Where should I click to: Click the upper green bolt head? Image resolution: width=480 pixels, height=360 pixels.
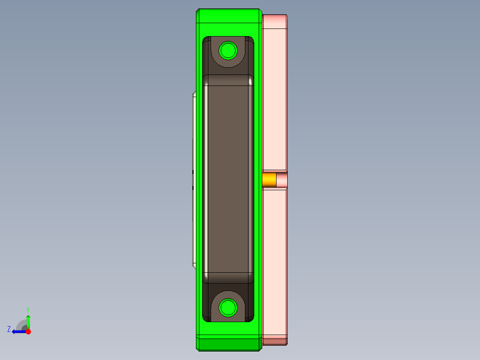[228, 50]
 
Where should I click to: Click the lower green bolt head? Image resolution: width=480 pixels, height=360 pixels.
[228, 308]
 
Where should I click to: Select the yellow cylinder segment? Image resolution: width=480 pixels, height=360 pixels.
[269, 180]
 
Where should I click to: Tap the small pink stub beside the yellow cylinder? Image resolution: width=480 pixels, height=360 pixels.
[281, 180]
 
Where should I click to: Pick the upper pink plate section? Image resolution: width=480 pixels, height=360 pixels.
[274, 98]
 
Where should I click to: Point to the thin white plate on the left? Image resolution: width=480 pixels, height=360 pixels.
[194, 178]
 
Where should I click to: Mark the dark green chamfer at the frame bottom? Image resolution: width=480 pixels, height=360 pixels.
[228, 344]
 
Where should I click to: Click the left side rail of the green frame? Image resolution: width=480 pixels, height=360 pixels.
[199, 178]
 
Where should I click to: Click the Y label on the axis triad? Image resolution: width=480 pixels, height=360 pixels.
[28, 309]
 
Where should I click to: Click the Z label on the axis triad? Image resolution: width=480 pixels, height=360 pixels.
[9, 329]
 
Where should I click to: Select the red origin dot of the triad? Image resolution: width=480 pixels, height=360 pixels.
[28, 331]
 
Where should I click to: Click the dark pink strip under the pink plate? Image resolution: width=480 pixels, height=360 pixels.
[274, 342]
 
